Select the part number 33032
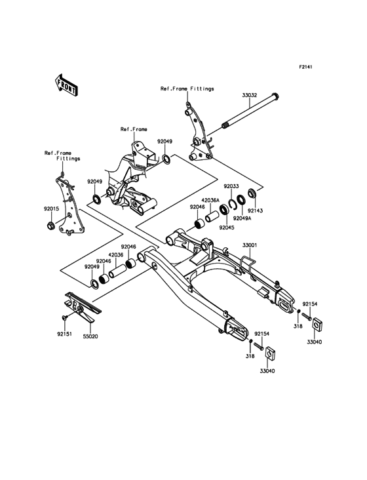coord(250,95)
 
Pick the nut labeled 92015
coord(51,227)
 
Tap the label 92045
coord(226,228)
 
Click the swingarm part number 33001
coord(250,245)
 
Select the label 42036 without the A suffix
coord(116,254)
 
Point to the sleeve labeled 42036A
coord(212,216)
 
